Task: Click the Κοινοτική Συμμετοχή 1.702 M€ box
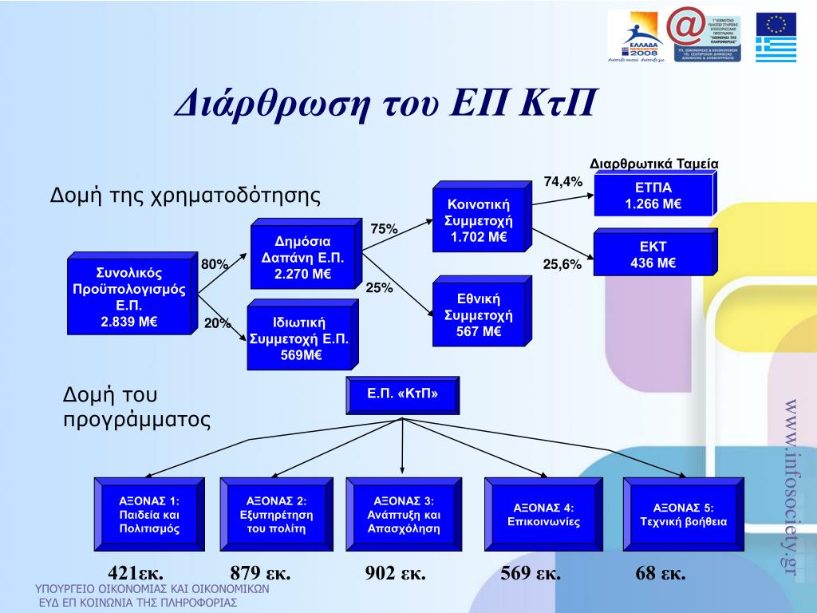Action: pyautogui.click(x=479, y=221)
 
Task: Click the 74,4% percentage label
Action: pyautogui.click(x=563, y=182)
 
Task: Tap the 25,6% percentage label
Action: pyautogui.click(x=562, y=265)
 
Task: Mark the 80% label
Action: pyautogui.click(x=215, y=264)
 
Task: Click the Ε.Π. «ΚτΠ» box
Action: pyautogui.click(x=403, y=394)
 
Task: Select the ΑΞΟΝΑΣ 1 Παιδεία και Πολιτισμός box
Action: pyautogui.click(x=149, y=515)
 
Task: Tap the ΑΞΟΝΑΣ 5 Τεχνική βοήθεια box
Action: pyautogui.click(x=683, y=515)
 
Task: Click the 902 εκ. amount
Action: pyautogui.click(x=396, y=573)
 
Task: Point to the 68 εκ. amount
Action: pyautogui.click(x=661, y=573)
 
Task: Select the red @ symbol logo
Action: pyautogui.click(x=686, y=26)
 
